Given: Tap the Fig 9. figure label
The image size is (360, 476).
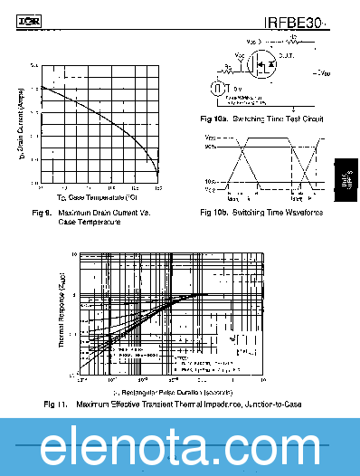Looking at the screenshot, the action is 41,213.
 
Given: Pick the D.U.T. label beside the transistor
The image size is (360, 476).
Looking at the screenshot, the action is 287,56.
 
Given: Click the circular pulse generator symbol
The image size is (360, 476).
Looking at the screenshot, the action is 217,89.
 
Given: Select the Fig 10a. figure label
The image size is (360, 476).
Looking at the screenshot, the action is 214,119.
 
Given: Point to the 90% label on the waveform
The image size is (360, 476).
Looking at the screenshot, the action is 210,146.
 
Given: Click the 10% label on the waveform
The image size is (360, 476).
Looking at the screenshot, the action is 210,182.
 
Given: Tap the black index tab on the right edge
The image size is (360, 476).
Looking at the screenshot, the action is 346,178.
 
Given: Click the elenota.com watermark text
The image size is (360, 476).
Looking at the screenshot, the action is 180,447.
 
